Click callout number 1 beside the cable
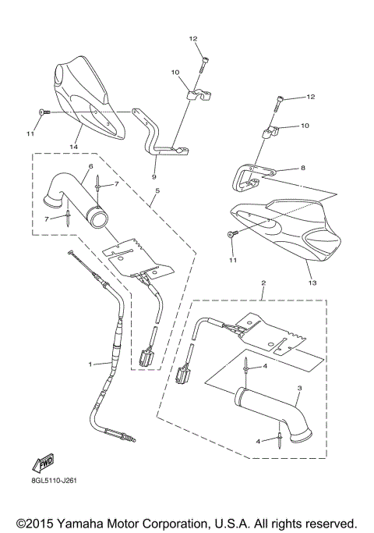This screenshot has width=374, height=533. click(x=90, y=364)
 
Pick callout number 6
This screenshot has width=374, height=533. click(x=90, y=167)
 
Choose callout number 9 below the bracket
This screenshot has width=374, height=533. click(x=154, y=177)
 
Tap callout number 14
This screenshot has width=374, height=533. click(x=75, y=146)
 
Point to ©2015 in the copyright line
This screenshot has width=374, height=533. click(x=36, y=522)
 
